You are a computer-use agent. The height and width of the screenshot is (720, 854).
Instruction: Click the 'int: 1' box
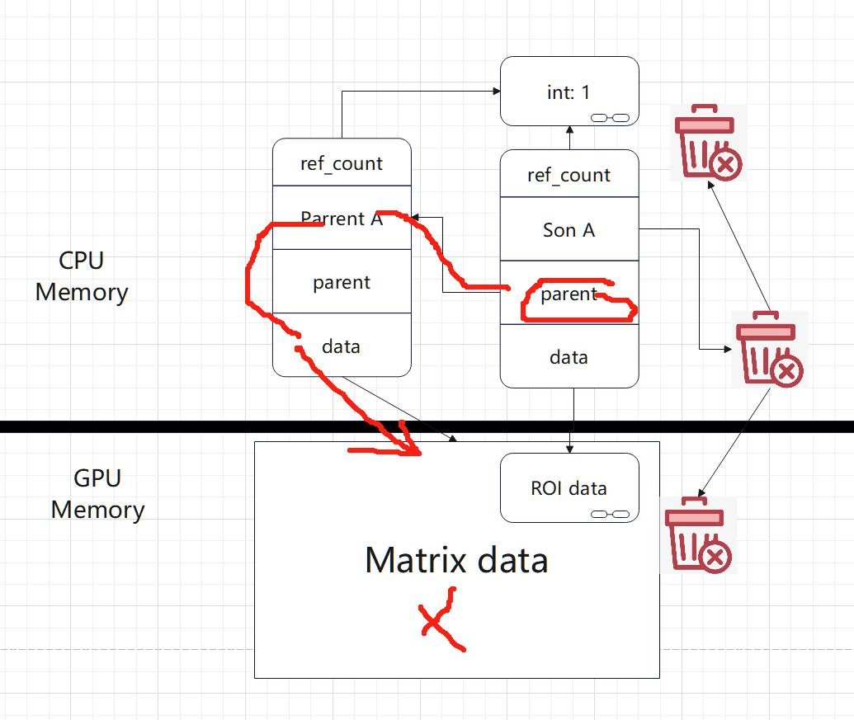[x=569, y=92]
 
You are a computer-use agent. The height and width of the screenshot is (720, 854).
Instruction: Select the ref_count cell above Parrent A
[x=342, y=162]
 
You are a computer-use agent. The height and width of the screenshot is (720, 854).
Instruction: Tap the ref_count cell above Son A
[x=569, y=173]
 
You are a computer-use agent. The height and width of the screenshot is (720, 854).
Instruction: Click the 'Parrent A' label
[x=342, y=219]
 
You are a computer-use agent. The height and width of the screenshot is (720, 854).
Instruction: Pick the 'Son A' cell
[x=569, y=229]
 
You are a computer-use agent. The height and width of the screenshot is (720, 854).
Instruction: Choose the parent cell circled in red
[x=569, y=293]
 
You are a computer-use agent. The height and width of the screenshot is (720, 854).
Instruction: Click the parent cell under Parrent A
[x=342, y=281]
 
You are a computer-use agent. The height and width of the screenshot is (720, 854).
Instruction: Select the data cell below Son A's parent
[x=569, y=356]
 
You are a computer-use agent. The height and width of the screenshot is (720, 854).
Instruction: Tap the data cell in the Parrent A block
[x=342, y=345]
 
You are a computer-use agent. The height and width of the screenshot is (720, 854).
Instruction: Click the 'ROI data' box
[x=569, y=487]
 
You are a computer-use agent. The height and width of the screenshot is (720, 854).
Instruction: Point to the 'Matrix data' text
[x=456, y=560]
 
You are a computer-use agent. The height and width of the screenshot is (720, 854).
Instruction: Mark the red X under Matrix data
[x=441, y=619]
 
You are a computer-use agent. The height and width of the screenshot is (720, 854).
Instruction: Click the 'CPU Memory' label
[x=82, y=276]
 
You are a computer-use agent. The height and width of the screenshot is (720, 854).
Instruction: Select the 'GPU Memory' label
[x=97, y=493]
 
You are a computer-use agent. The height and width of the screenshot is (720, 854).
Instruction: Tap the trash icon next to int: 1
[x=708, y=143]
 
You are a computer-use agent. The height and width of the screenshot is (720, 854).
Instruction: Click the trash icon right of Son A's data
[x=769, y=350]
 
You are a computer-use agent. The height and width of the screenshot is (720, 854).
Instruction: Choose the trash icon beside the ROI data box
[x=698, y=535]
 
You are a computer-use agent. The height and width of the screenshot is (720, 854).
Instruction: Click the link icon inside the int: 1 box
[x=610, y=118]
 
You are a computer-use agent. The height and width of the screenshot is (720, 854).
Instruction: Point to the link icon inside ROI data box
[x=610, y=514]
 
